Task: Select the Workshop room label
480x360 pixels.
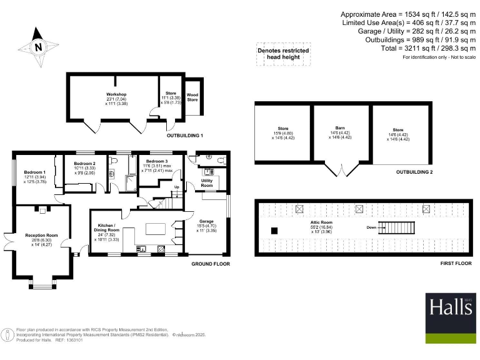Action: [116, 94]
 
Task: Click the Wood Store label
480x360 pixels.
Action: [192, 97]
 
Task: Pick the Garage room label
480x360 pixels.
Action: [206, 221]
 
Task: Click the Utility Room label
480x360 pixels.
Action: [207, 183]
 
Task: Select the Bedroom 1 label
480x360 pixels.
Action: [35, 172]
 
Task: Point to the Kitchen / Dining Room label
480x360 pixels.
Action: [106, 227]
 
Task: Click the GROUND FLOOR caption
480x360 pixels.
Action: [211, 264]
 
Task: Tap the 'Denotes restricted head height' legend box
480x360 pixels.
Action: [283, 54]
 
